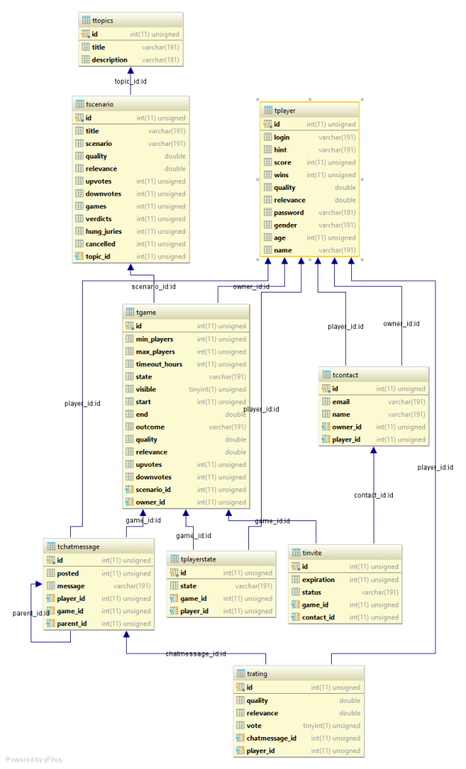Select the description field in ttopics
click(x=110, y=60)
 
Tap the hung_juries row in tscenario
click(x=104, y=232)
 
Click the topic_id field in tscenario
click(x=98, y=257)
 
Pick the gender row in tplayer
click(x=286, y=226)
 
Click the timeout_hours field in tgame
click(x=159, y=364)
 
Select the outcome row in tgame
click(x=150, y=427)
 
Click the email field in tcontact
click(x=341, y=401)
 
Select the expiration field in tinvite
click(x=318, y=579)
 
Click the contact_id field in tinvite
click(x=318, y=617)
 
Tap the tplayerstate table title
click(x=198, y=560)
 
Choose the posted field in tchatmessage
click(x=68, y=573)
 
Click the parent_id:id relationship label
click(x=31, y=613)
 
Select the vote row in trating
click(x=254, y=726)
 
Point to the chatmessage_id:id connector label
click(x=195, y=654)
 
